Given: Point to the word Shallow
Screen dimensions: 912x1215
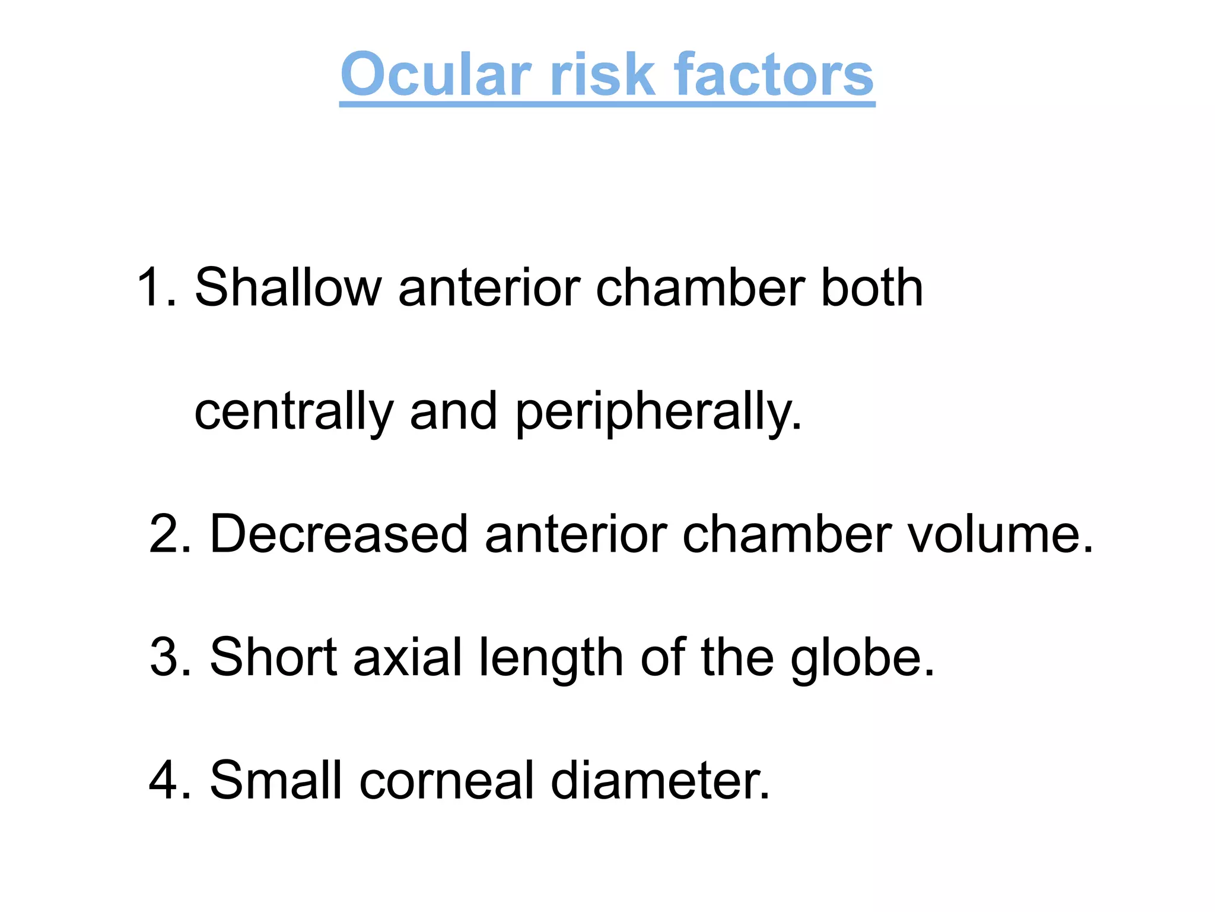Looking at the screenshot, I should [x=288, y=288].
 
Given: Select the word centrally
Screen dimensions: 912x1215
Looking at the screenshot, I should [x=294, y=413].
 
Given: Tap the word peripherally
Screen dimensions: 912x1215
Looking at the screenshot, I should [x=659, y=413].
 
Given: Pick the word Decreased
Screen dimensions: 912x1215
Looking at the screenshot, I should [x=338, y=534].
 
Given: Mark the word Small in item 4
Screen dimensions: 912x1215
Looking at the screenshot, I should [x=276, y=780].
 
